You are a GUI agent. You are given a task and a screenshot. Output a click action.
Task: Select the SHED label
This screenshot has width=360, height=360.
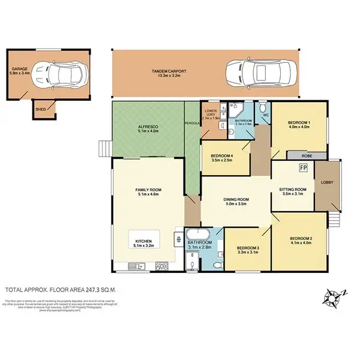point(40,109)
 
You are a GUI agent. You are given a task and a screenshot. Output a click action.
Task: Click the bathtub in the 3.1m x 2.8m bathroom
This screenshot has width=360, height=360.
point(198,235)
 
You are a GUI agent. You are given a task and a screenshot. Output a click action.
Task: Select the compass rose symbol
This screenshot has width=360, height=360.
point(331,296)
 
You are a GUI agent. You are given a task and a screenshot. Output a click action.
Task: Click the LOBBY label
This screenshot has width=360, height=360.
point(327,182)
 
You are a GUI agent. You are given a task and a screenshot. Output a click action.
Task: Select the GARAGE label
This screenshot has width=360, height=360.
point(19,69)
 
